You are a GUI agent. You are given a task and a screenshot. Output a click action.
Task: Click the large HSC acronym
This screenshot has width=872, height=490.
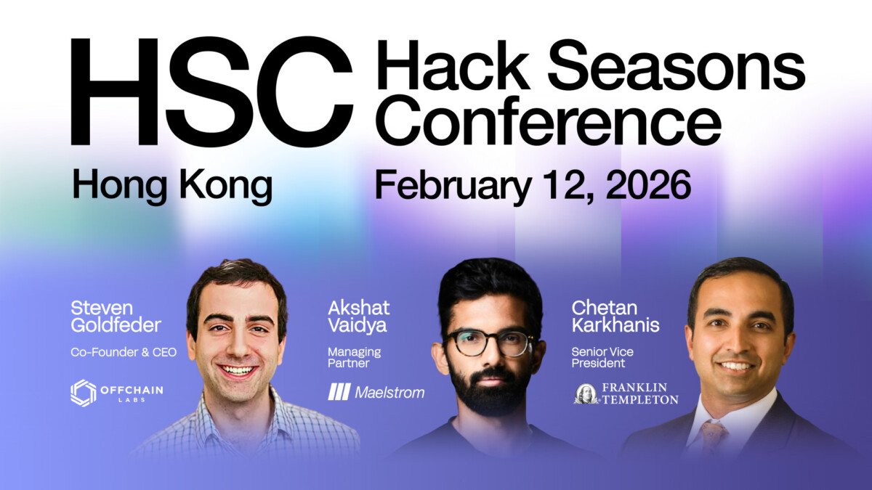(x=211, y=91)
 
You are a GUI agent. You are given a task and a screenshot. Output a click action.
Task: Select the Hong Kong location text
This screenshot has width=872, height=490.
(x=171, y=186)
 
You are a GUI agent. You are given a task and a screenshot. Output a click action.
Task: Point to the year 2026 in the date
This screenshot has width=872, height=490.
(x=647, y=185)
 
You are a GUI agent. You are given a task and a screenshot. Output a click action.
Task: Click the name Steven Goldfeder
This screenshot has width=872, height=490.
(x=116, y=317)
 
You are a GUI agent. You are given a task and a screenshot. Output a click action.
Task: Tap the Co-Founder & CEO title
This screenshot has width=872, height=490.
(x=124, y=352)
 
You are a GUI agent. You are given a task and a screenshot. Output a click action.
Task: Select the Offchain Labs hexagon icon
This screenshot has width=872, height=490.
(x=83, y=393)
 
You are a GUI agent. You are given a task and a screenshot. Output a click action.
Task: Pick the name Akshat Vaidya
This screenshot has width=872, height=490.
(x=358, y=317)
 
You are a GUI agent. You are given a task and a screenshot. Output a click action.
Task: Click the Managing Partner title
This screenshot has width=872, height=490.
(x=355, y=357)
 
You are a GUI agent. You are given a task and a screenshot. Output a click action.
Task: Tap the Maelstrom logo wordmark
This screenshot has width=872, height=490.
(x=389, y=393)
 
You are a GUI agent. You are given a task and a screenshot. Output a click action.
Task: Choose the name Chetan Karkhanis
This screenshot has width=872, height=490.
(x=615, y=317)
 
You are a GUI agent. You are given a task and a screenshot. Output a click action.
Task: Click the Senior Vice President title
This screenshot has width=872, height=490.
(x=602, y=357)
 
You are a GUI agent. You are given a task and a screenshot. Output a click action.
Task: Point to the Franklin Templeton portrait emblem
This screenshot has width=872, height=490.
(x=586, y=393)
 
